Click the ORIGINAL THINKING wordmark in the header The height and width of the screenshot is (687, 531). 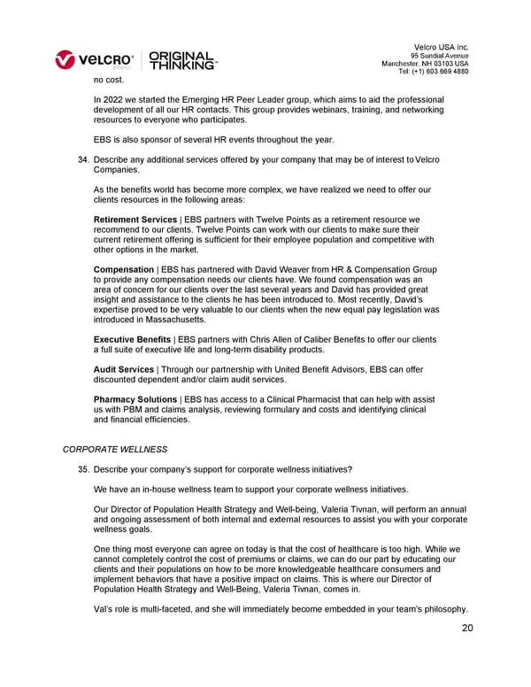tap(182, 59)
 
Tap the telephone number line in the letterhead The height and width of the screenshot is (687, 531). tap(434, 72)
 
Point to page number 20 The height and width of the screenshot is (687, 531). tap(467, 629)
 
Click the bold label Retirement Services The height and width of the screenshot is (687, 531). tap(135, 219)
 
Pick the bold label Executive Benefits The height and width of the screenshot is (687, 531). tap(132, 339)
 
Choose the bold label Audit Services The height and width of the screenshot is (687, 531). tap(123, 369)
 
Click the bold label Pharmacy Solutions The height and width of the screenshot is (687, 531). tap(135, 400)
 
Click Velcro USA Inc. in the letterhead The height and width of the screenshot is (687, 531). tap(441, 46)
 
